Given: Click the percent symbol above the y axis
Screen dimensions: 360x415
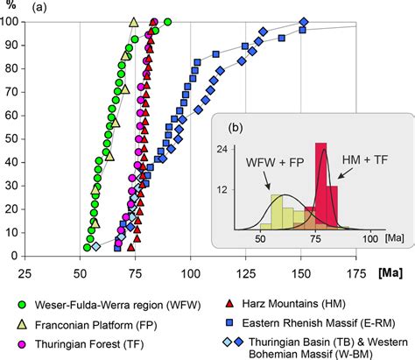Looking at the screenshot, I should coord(11,7).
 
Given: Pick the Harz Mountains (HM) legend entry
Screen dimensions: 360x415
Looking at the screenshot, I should coord(288,304).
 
